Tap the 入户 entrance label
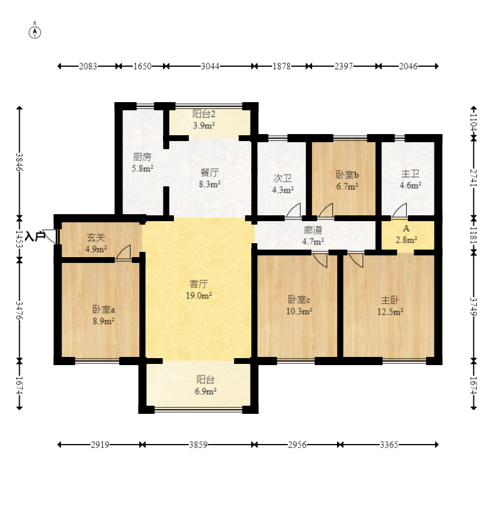click(35, 236)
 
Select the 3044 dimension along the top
click(210, 67)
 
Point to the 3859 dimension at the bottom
click(198, 445)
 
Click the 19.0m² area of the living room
click(198, 295)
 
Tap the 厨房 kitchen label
click(143, 157)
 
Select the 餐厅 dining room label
click(209, 172)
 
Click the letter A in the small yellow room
click(406, 228)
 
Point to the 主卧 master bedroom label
click(390, 300)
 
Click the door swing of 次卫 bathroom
click(293, 211)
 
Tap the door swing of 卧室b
click(325, 211)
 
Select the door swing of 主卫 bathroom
click(399, 211)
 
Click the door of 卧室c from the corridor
click(320, 260)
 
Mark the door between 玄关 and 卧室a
click(124, 252)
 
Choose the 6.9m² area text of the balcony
click(205, 391)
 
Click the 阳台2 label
click(204, 114)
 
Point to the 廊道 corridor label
click(313, 230)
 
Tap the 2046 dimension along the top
click(408, 67)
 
